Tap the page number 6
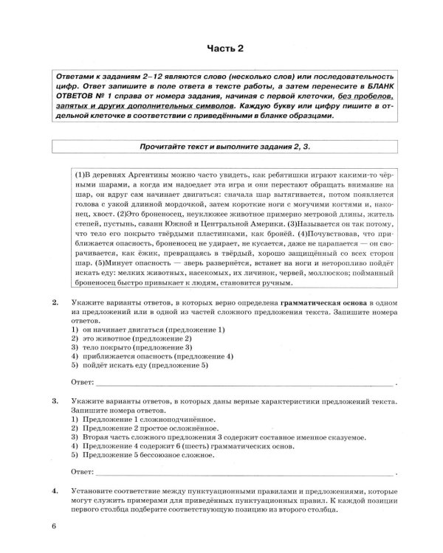pyautogui.click(x=54, y=524)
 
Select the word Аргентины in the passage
pyautogui.click(x=150, y=173)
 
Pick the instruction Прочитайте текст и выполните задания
pyautogui.click(x=221, y=147)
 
